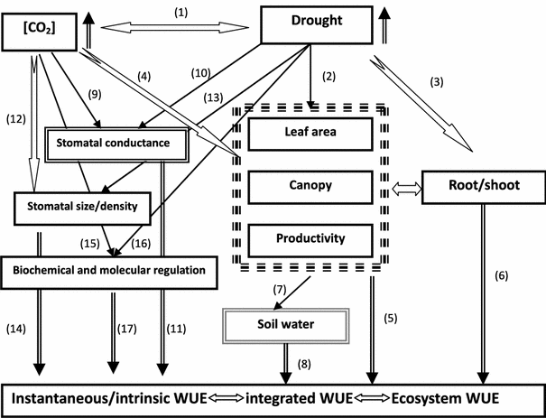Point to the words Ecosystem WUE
click(x=442, y=398)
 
